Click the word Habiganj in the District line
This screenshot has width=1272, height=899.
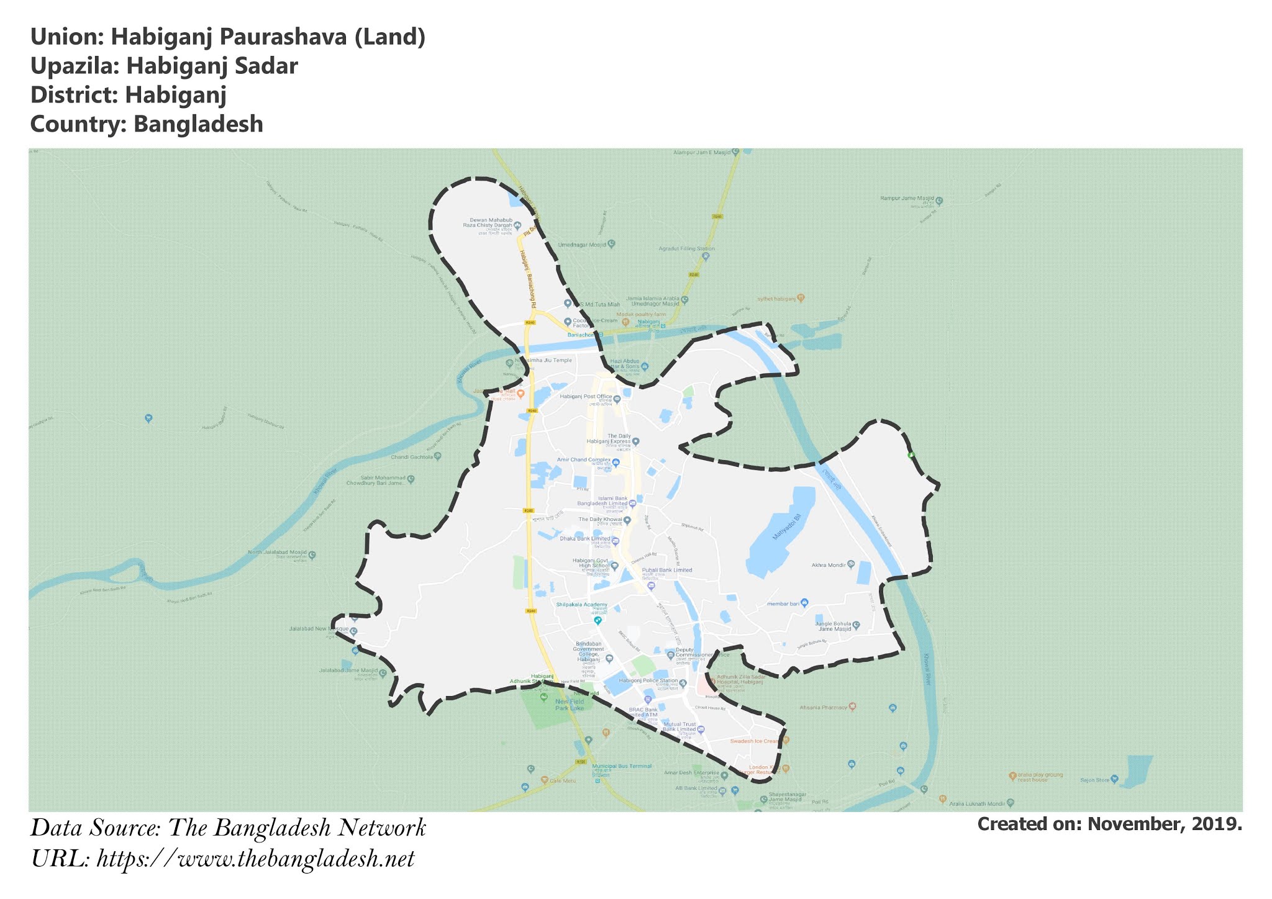[x=175, y=95]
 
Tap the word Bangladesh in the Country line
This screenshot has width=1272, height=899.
[x=198, y=124]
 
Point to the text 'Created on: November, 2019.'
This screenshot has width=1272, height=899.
[x=1109, y=824]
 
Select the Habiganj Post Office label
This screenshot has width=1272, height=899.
[x=586, y=396]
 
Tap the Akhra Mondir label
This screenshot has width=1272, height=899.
[x=829, y=566]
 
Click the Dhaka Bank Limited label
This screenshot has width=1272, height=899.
[x=584, y=539]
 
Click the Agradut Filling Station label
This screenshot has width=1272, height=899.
[x=686, y=249]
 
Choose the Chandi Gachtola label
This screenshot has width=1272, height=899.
[x=411, y=458]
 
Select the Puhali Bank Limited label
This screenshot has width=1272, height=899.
[x=667, y=570]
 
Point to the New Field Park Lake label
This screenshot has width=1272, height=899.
[x=570, y=704]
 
